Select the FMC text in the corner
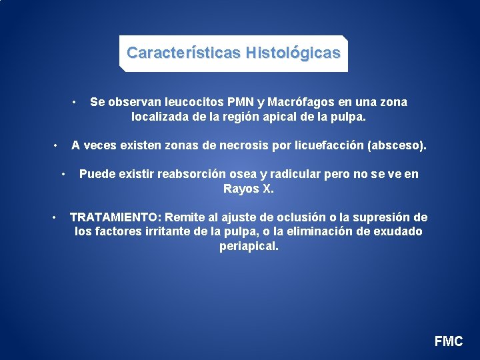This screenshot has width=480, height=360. click(448, 341)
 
